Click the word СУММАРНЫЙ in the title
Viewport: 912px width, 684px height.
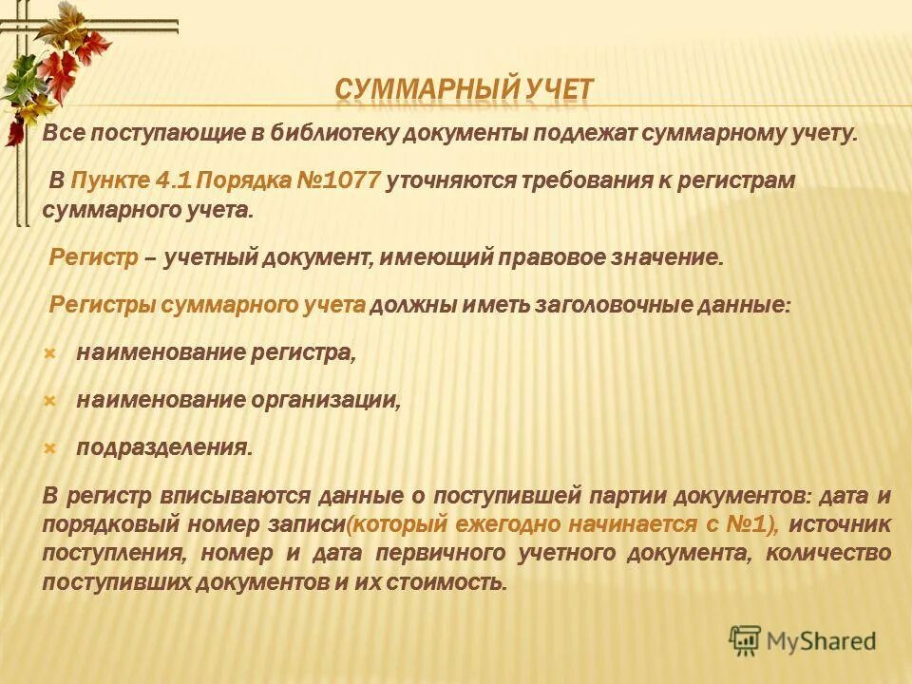coord(426,91)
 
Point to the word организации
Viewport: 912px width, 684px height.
coord(325,400)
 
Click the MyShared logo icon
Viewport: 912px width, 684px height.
coord(746,640)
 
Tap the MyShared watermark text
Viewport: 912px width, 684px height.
coord(822,641)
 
